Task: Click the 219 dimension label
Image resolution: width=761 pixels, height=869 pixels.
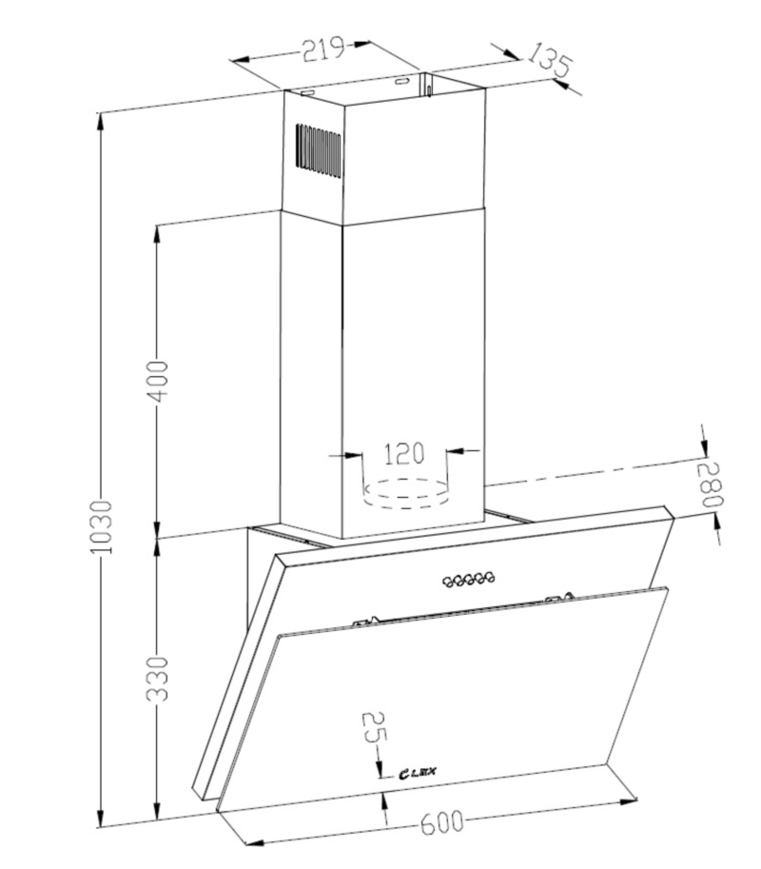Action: (323, 49)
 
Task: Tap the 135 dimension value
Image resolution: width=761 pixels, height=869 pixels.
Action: (548, 59)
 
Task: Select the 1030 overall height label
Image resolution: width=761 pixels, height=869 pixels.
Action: (102, 526)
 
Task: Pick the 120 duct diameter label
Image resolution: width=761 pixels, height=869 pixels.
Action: (403, 452)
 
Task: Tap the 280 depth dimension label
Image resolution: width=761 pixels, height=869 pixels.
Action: (712, 484)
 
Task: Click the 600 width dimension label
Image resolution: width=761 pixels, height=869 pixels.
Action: (441, 822)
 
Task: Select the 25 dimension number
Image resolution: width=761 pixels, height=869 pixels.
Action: (375, 727)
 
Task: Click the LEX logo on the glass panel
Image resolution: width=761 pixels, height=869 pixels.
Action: (418, 772)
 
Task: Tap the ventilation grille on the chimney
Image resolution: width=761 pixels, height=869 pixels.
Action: (318, 150)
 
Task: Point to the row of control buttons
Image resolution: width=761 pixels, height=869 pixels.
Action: (468, 579)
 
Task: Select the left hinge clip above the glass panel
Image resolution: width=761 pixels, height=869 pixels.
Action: (366, 621)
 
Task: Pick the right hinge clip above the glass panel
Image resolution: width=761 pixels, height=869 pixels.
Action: (559, 599)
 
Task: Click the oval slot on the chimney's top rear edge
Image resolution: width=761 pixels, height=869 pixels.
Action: (400, 82)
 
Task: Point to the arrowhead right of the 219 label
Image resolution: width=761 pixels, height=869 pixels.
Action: (363, 44)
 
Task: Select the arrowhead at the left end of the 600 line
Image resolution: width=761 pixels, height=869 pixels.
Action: (254, 843)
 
